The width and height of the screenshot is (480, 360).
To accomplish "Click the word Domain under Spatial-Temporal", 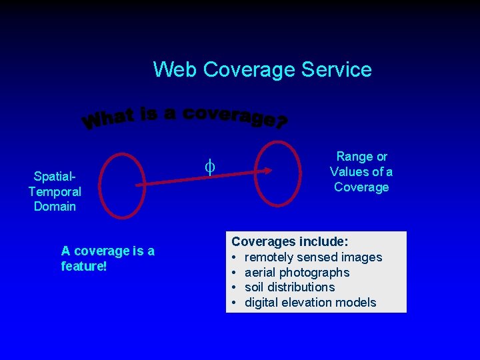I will tap(55, 207).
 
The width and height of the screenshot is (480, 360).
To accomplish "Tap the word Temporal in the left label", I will tap(55, 192).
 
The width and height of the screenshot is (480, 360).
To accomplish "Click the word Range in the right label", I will tap(354, 157).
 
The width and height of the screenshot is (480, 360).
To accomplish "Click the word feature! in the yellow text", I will tap(83, 266).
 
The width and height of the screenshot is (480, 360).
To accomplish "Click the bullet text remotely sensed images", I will tap(313, 257).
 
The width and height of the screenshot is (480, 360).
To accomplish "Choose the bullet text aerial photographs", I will tap(297, 272).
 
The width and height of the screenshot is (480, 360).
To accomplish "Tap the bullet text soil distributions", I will tap(290, 287).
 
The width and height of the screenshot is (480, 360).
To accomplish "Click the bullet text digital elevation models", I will tap(311, 303).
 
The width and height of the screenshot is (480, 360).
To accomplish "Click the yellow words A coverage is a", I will tap(107, 251).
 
